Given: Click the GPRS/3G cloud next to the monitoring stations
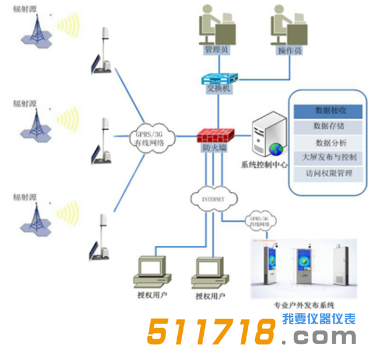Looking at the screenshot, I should [x=154, y=138].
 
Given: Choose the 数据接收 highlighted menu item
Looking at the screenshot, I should [x=330, y=111].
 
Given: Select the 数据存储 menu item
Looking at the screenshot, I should [x=330, y=127].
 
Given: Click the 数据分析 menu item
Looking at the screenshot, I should [x=330, y=143].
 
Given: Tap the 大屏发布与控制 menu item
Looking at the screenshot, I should [x=330, y=158].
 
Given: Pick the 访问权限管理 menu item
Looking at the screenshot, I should [x=330, y=174].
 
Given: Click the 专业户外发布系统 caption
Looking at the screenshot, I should [x=303, y=304].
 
